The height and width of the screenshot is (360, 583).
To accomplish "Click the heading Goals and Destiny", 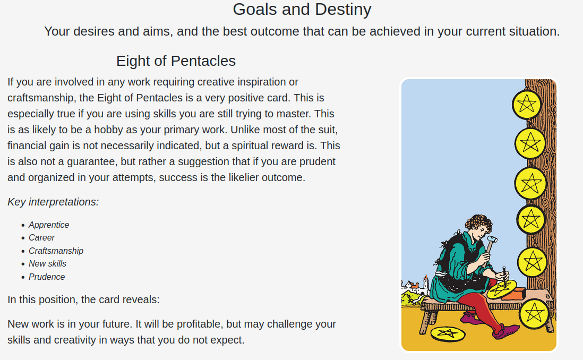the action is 302,10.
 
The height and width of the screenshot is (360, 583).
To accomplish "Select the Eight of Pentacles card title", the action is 176,61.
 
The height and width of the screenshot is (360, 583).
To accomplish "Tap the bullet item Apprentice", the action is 49,225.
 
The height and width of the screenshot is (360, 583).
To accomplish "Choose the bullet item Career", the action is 41,238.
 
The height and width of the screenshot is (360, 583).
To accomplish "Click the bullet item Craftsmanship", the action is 56,251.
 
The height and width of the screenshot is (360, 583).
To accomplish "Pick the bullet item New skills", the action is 48,264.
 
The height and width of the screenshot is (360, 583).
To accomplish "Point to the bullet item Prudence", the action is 47,277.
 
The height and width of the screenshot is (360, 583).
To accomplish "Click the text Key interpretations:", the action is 53,202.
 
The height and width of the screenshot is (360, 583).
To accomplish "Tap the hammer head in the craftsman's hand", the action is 492,238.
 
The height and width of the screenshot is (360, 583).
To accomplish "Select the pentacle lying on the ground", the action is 448,333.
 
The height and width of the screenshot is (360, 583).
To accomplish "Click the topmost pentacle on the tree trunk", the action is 527,105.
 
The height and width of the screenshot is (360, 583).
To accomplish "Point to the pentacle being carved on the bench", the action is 502,289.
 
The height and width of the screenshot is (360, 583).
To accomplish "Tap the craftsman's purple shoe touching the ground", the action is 505,331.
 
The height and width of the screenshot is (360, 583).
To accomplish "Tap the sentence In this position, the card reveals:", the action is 83,300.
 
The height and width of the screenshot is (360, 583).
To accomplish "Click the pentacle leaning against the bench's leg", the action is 534,313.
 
